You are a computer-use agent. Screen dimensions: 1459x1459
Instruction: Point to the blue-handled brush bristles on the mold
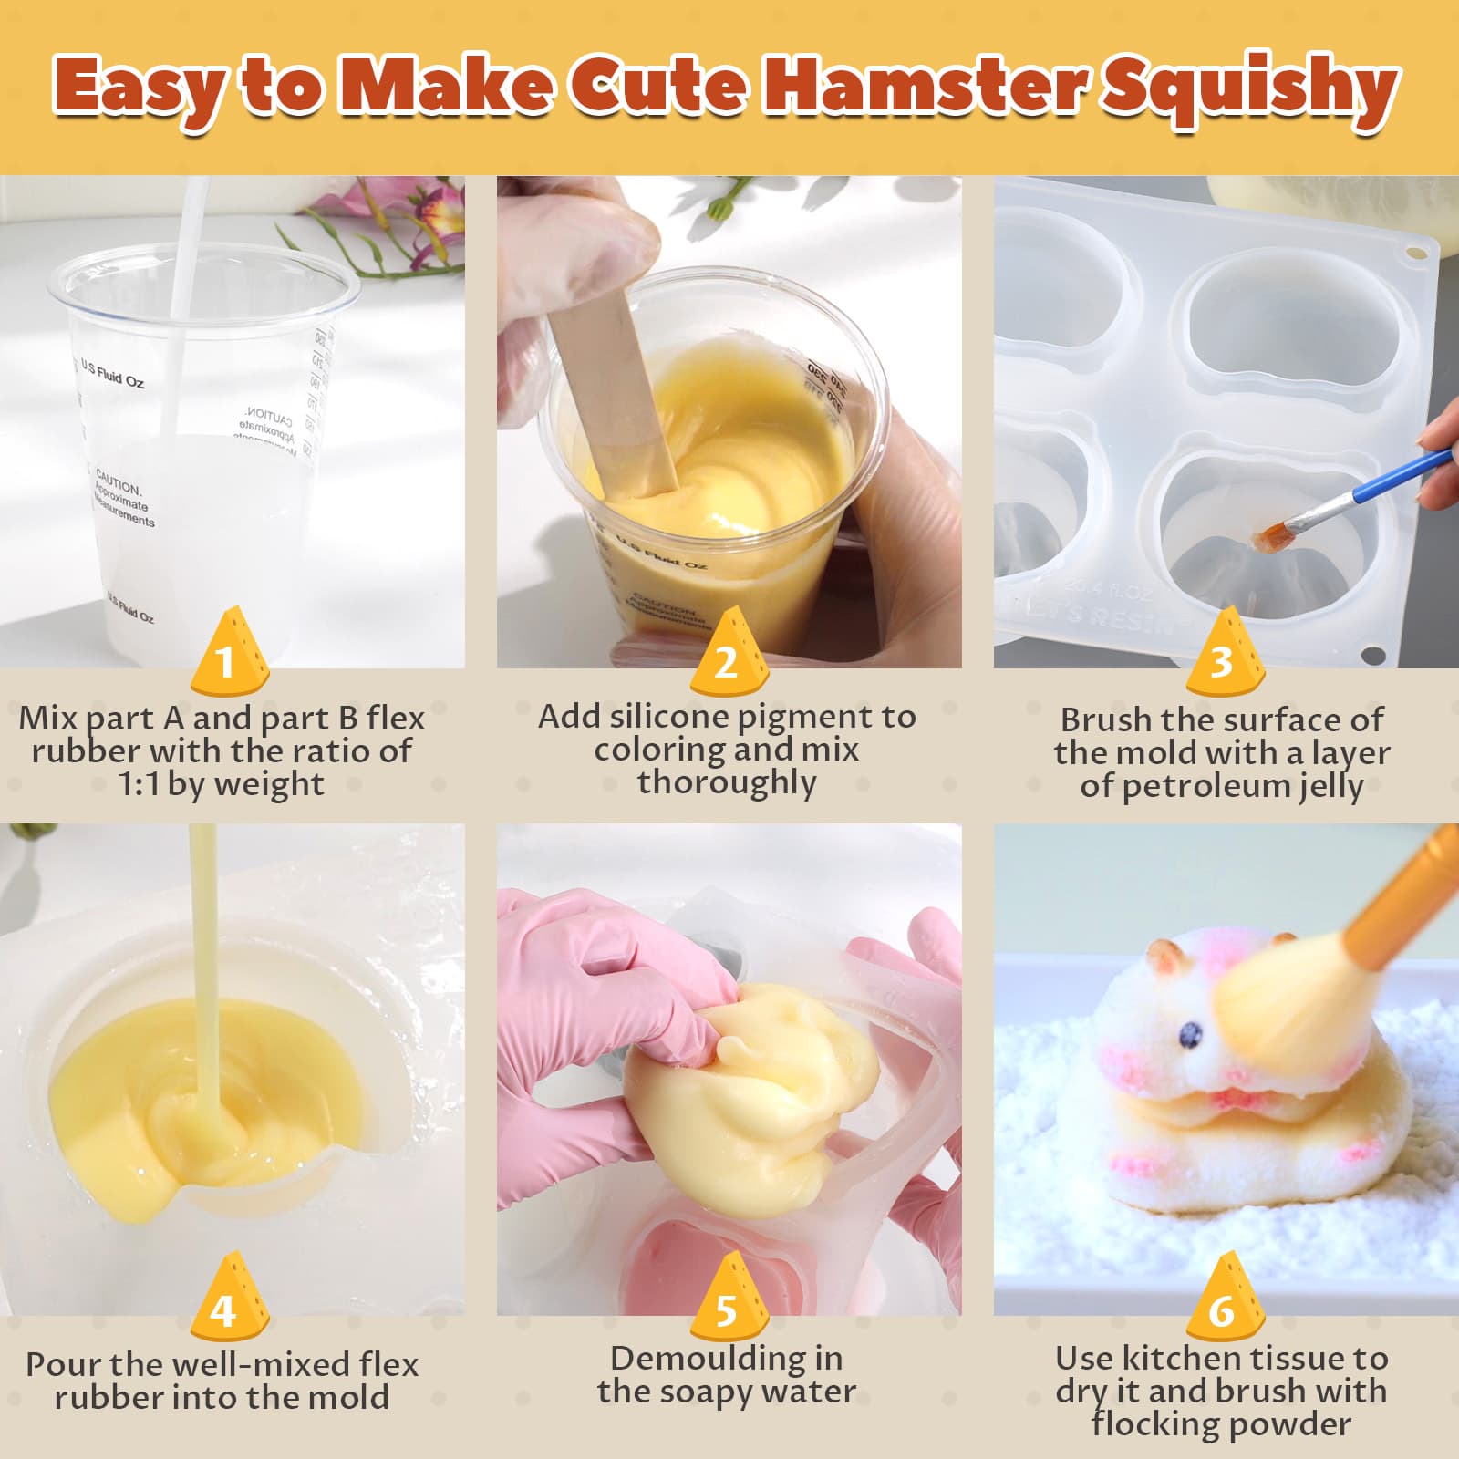[x=1269, y=538]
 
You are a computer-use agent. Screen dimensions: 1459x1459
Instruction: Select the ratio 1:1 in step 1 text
[x=141, y=784]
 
